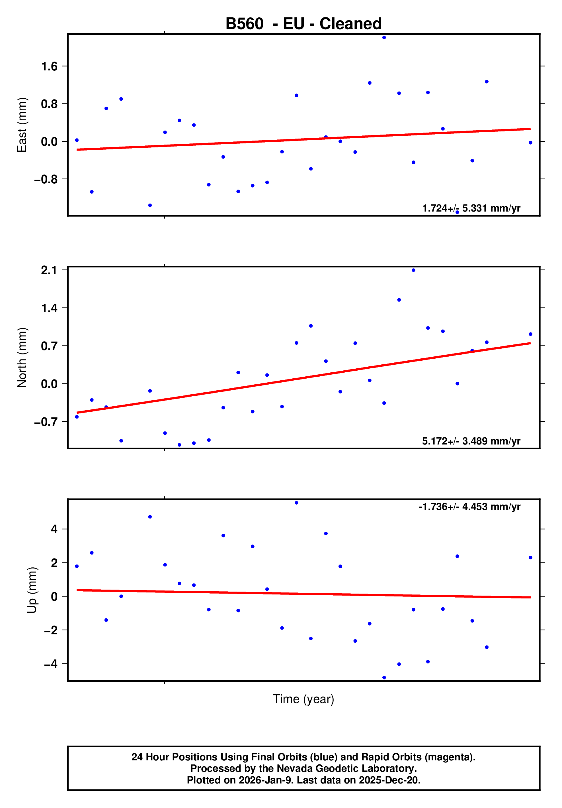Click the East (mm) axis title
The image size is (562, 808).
pyautogui.click(x=22, y=125)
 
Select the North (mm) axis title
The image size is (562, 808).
pyautogui.click(x=22, y=358)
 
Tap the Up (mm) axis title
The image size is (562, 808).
pyautogui.click(x=32, y=590)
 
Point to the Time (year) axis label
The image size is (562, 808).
pyautogui.click(x=303, y=699)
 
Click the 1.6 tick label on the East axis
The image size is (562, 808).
pyautogui.click(x=49, y=66)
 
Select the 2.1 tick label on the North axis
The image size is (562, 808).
pyautogui.click(x=49, y=270)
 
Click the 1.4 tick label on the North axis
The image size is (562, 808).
pyautogui.click(x=49, y=308)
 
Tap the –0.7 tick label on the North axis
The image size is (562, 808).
pyautogui.click(x=46, y=422)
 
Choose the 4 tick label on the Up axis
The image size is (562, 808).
pyautogui.click(x=54, y=529)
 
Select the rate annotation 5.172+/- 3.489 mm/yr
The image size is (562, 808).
pyautogui.click(x=471, y=441)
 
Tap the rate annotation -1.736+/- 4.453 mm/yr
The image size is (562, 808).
pyautogui.click(x=469, y=507)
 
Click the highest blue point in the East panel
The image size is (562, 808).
pyautogui.click(x=384, y=38)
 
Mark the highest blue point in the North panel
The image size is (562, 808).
pyautogui.click(x=413, y=270)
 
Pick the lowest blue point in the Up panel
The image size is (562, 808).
pyautogui.click(x=384, y=677)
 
